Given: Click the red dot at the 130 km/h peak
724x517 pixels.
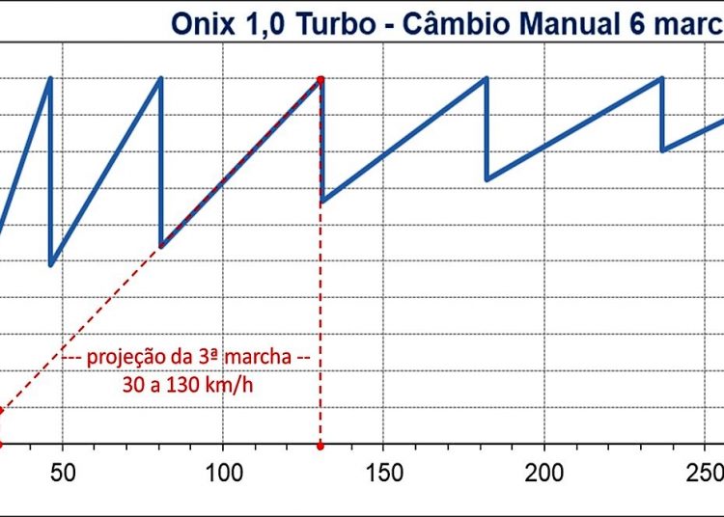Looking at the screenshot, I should (320, 79).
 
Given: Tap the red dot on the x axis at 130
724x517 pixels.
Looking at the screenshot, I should (320, 446).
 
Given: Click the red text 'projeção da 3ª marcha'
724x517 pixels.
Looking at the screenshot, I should (189, 357).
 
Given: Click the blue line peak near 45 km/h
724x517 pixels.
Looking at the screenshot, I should (50, 79).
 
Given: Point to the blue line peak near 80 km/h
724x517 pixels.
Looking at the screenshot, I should (160, 79).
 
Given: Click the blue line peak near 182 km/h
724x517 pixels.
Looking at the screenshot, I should (487, 79).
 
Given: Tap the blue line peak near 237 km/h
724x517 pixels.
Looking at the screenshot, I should (662, 79).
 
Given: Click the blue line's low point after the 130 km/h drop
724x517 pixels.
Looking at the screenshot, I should (321, 202).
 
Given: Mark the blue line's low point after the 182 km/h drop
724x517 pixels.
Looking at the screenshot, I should (487, 179).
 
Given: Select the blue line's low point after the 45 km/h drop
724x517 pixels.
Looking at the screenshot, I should (50, 264).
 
